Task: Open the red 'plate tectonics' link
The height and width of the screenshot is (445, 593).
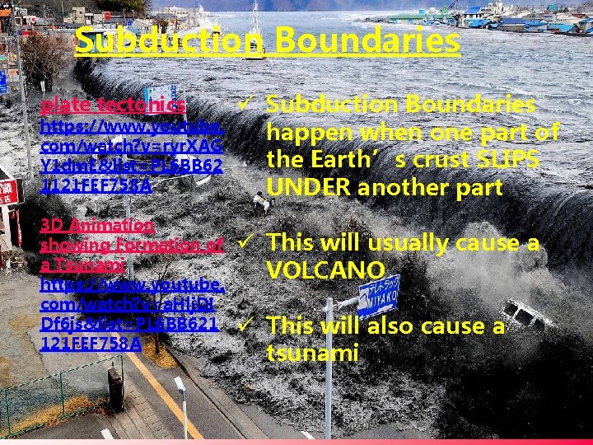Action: [x=113, y=105]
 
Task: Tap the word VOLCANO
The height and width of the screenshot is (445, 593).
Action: [x=325, y=270]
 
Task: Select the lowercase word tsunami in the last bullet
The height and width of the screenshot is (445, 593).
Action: [x=312, y=354]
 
